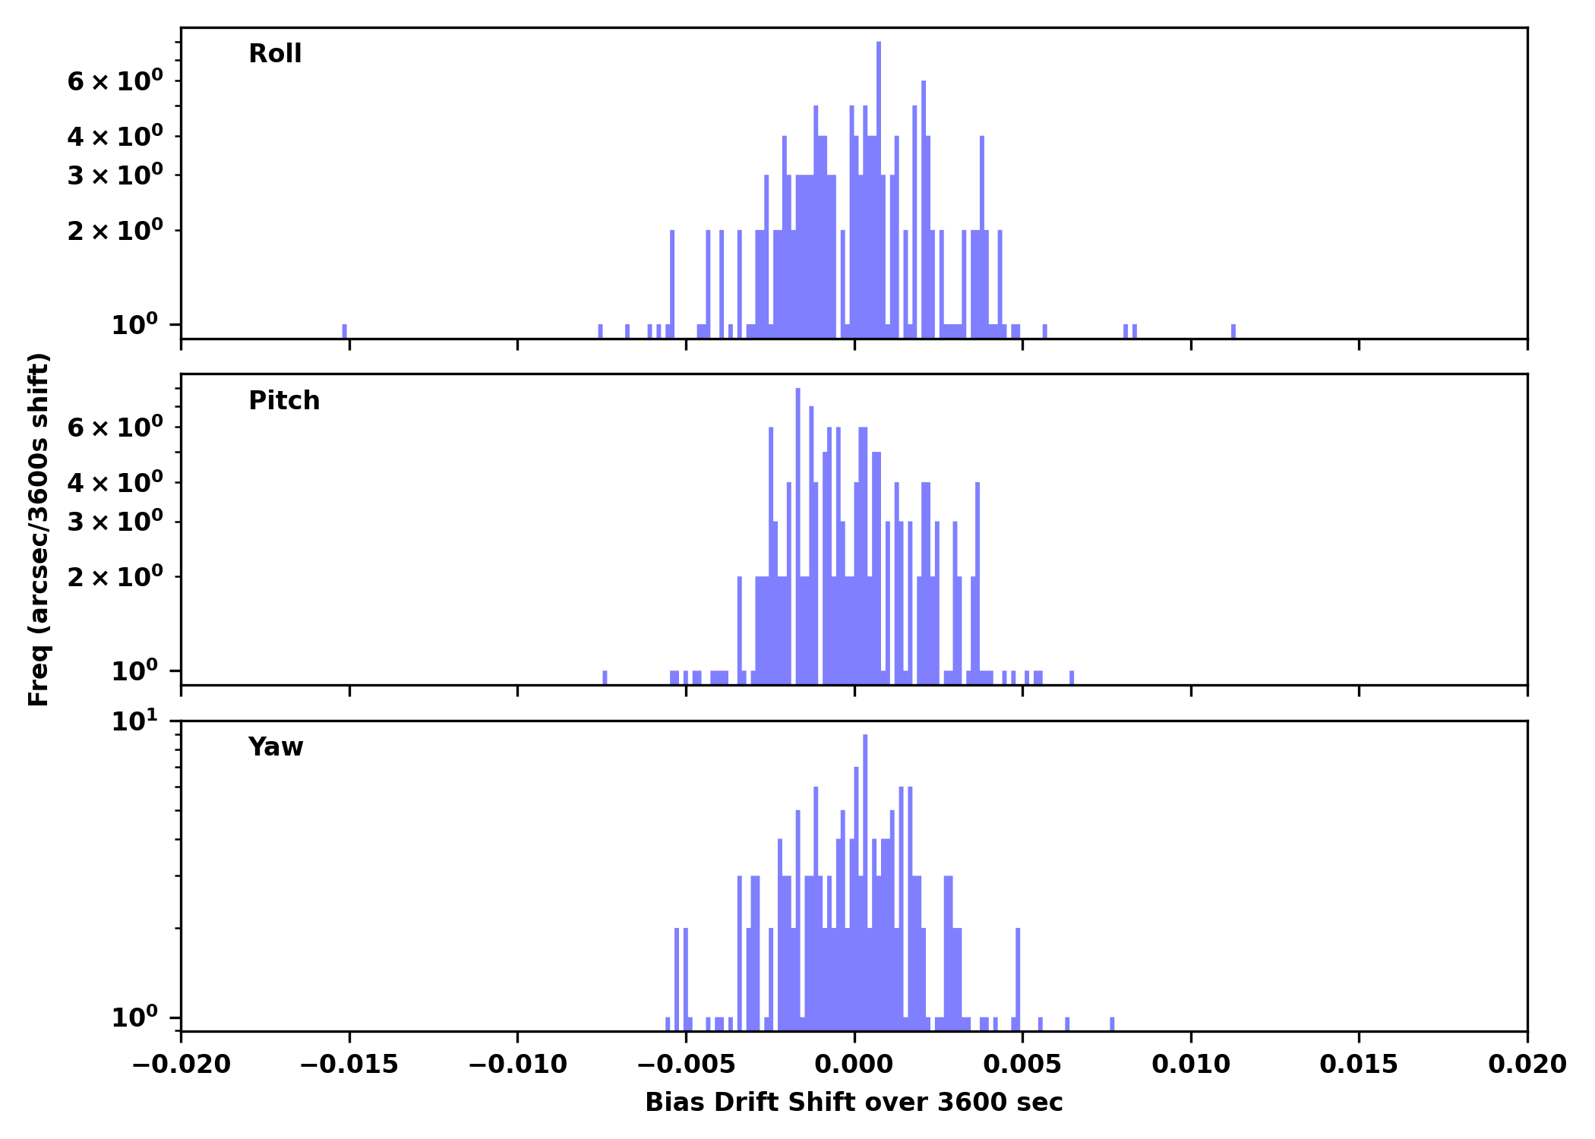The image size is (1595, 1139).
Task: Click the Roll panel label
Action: tap(275, 54)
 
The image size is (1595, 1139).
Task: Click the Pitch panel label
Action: tap(284, 401)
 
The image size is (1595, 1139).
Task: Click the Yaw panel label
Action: tap(276, 747)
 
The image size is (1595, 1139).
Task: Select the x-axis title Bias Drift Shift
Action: tap(854, 1103)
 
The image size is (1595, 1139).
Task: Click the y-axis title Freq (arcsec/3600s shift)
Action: tap(39, 529)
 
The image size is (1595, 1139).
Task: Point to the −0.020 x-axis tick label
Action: tap(182, 1065)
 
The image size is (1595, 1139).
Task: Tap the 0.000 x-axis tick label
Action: tap(854, 1065)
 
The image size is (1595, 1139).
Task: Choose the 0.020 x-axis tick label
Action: tap(1527, 1065)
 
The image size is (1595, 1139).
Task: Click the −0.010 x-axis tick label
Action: tap(518, 1065)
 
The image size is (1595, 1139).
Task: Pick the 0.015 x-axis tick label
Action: tap(1359, 1065)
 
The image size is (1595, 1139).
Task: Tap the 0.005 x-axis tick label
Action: tap(1022, 1065)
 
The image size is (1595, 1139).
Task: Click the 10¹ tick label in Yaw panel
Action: tap(137, 722)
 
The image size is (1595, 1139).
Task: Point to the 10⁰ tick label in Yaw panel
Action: tap(137, 1018)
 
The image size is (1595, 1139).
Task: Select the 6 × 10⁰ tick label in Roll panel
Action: tap(115, 81)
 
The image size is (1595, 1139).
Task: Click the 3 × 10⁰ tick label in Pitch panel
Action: tap(115, 522)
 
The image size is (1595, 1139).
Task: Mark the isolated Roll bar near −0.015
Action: tap(344, 331)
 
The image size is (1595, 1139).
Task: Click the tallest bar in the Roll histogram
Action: tap(879, 190)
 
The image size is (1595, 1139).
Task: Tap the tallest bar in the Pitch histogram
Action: tap(797, 532)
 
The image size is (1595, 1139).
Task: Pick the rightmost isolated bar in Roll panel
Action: tap(1233, 331)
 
